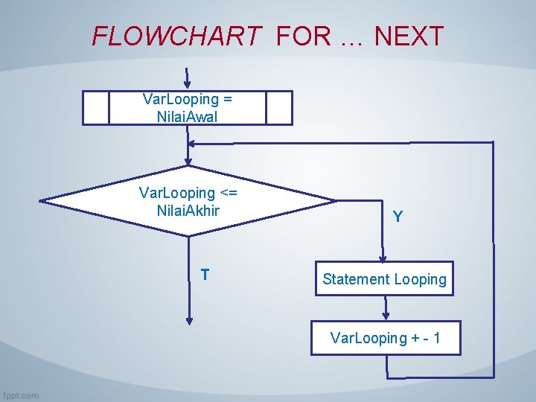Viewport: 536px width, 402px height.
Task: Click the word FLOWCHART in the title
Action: point(176,36)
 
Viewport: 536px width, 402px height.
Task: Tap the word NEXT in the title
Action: point(409,36)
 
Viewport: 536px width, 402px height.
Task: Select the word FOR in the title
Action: point(303,36)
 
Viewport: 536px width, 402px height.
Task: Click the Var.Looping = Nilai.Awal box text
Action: point(187,108)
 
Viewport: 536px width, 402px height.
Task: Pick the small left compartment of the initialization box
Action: point(95,108)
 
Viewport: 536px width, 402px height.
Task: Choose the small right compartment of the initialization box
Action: point(279,108)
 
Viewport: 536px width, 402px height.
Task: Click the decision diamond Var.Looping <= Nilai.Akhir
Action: point(188,201)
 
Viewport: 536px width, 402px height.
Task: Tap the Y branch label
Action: point(398,217)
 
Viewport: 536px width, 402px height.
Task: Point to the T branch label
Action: point(205,275)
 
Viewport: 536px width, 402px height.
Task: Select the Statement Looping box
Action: point(384,279)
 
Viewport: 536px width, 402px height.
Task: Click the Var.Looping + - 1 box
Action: point(386,338)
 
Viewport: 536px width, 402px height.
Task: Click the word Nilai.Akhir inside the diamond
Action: point(188,210)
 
